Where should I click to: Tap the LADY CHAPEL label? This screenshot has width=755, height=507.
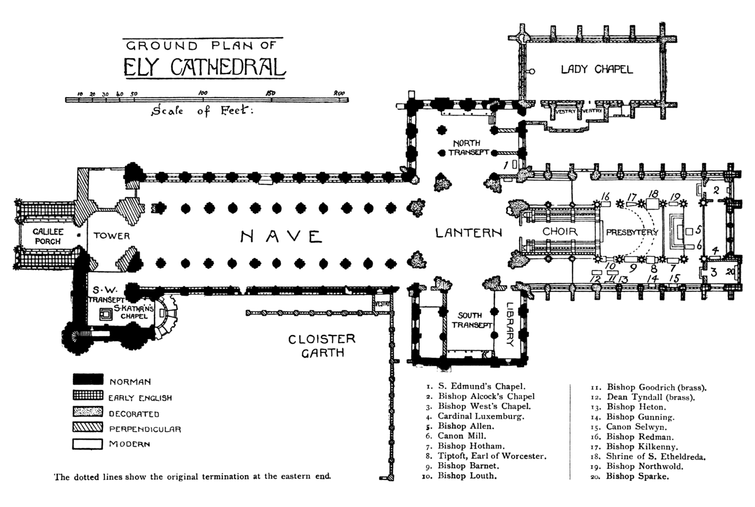pyautogui.click(x=597, y=69)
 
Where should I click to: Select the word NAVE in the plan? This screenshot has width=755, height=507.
pyautogui.click(x=281, y=237)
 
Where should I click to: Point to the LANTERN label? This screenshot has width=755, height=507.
pyautogui.click(x=468, y=233)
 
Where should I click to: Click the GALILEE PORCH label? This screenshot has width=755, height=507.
pyautogui.click(x=48, y=236)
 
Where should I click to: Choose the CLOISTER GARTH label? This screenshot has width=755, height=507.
pyautogui.click(x=321, y=345)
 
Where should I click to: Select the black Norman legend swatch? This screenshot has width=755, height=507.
pyautogui.click(x=88, y=380)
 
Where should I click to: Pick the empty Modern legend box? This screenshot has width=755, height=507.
pyautogui.click(x=88, y=444)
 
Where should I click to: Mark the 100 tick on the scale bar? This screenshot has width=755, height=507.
pyautogui.click(x=203, y=100)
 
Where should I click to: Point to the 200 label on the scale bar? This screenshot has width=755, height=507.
pyautogui.click(x=339, y=93)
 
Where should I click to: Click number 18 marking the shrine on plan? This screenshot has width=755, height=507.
pyautogui.click(x=653, y=194)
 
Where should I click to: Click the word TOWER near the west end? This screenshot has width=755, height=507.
pyautogui.click(x=112, y=236)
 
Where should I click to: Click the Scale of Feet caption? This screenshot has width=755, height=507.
pyautogui.click(x=202, y=111)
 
